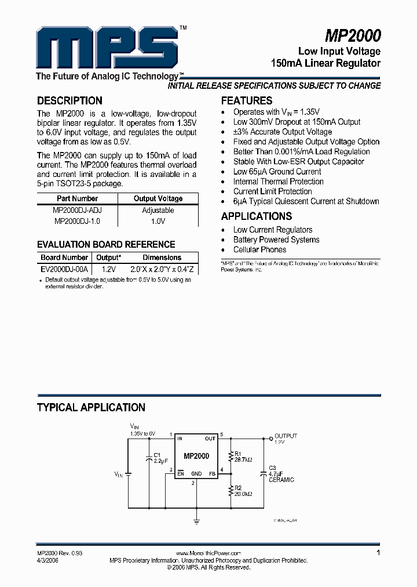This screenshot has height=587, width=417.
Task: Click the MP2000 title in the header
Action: (x=353, y=36)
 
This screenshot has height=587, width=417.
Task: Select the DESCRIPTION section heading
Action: (x=69, y=100)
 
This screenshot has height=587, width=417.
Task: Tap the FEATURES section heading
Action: (x=247, y=100)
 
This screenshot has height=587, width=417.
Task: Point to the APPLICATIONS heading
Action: (x=257, y=216)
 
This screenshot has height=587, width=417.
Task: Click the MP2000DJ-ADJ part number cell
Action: (x=77, y=211)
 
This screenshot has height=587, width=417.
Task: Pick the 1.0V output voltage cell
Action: (x=158, y=221)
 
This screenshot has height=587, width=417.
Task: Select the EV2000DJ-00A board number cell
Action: (x=64, y=269)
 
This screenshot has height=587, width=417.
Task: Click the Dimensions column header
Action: (x=162, y=258)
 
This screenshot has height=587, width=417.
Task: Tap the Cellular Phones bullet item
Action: (x=259, y=249)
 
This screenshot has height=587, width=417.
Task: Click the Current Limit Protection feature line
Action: (x=272, y=191)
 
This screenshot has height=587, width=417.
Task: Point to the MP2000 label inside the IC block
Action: (x=196, y=456)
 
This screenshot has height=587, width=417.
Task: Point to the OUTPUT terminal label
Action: (x=286, y=436)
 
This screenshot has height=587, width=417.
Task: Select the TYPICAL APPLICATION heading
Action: (x=91, y=407)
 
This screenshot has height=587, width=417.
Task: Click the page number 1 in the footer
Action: (x=378, y=553)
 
